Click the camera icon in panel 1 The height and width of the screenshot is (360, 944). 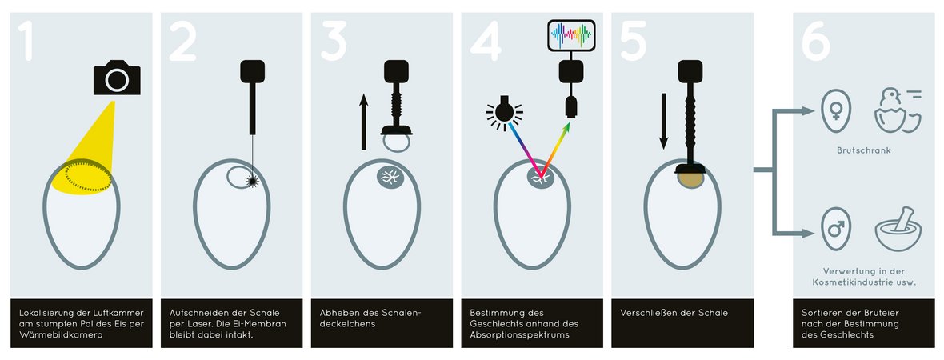click(x=117, y=78)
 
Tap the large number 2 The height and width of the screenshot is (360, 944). click(x=182, y=42)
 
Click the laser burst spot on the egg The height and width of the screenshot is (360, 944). click(x=253, y=182)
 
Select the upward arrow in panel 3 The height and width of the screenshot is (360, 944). click(x=364, y=122)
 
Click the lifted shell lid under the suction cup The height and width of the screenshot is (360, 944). click(x=397, y=143)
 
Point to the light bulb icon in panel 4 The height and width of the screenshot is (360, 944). click(x=504, y=110)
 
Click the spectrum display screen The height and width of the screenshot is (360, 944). click(x=571, y=35)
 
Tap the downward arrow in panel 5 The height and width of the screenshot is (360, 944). click(x=663, y=121)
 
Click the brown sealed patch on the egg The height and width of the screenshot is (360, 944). click(x=691, y=179)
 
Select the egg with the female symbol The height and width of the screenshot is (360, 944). click(x=836, y=111)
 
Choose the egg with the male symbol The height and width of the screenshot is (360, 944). click(x=836, y=230)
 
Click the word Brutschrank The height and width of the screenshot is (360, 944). click(x=863, y=150)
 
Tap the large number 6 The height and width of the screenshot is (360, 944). click(x=816, y=42)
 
